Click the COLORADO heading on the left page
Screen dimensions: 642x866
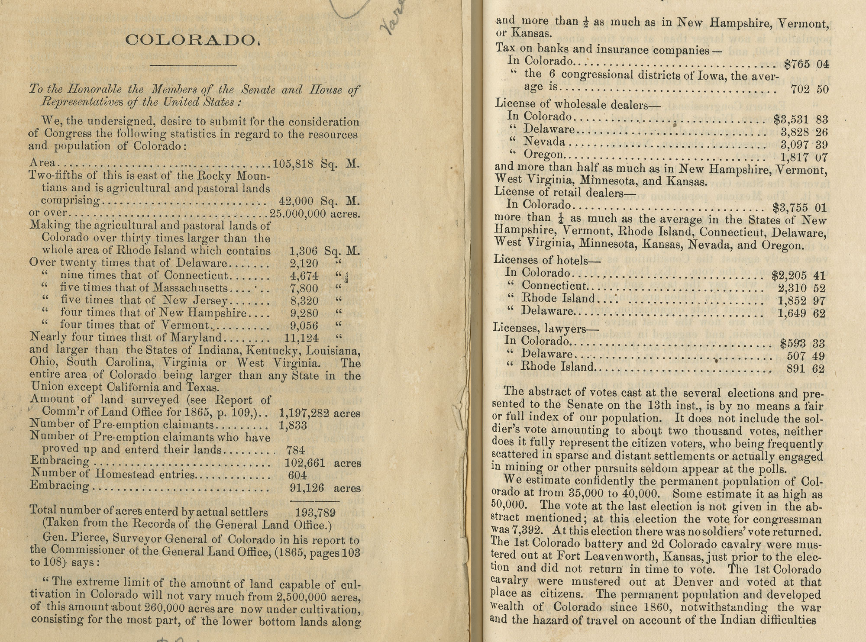(x=190, y=40)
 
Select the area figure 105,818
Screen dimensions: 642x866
(x=293, y=164)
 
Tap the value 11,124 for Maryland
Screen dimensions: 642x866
(x=301, y=338)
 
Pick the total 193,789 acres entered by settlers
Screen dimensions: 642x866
(x=315, y=513)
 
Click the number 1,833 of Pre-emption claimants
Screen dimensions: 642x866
(x=293, y=426)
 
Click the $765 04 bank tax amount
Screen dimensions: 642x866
(x=806, y=65)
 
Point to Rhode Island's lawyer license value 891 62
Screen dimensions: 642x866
(x=806, y=369)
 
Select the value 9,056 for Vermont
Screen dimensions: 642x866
(x=304, y=326)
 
